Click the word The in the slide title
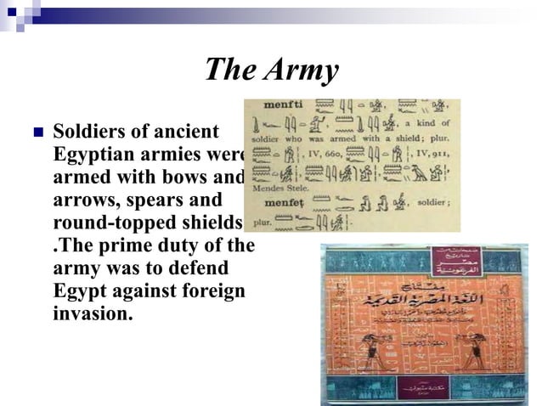(x=225, y=70)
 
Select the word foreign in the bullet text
(x=209, y=291)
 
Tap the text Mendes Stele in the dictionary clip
(x=274, y=188)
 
